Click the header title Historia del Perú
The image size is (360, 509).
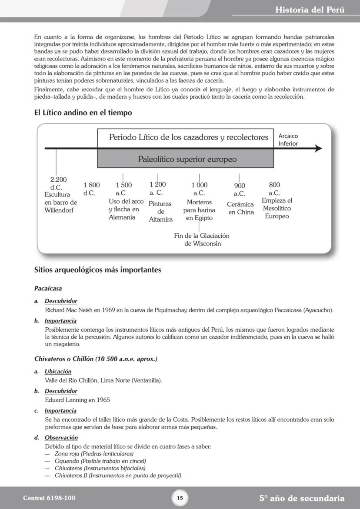pyautogui.click(x=310, y=10)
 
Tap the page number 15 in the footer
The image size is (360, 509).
pyautogui.click(x=180, y=498)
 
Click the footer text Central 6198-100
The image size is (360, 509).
pyautogui.click(x=46, y=498)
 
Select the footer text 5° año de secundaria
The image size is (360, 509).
pyautogui.click(x=302, y=498)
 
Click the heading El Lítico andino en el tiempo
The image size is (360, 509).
pyautogui.click(x=83, y=113)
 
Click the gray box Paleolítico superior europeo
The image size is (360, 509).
pyautogui.click(x=187, y=159)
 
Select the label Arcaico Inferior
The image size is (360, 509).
pyautogui.click(x=288, y=140)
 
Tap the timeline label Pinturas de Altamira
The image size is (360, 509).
pyautogui.click(x=160, y=211)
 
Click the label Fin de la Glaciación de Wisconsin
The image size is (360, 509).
pyautogui.click(x=202, y=240)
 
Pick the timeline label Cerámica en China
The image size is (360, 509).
pyautogui.click(x=240, y=208)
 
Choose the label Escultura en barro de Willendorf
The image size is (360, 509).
pyautogui.click(x=60, y=202)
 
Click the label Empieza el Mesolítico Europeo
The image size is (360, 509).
pyautogui.click(x=277, y=208)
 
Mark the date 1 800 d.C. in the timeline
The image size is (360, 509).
pyautogui.click(x=91, y=189)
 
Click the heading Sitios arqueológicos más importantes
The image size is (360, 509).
pyautogui.click(x=97, y=270)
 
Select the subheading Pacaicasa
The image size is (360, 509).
pyautogui.click(x=48, y=288)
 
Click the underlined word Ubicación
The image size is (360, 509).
pyautogui.click(x=58, y=372)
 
